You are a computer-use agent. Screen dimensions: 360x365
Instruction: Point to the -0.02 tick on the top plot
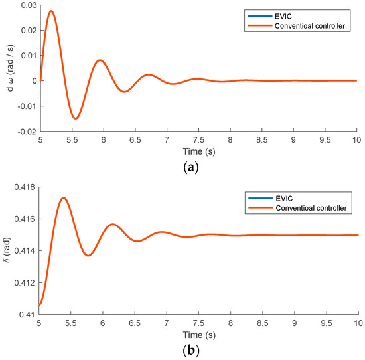27,132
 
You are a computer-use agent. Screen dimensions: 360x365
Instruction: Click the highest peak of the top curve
51,11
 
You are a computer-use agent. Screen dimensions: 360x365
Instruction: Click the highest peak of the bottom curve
64,197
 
